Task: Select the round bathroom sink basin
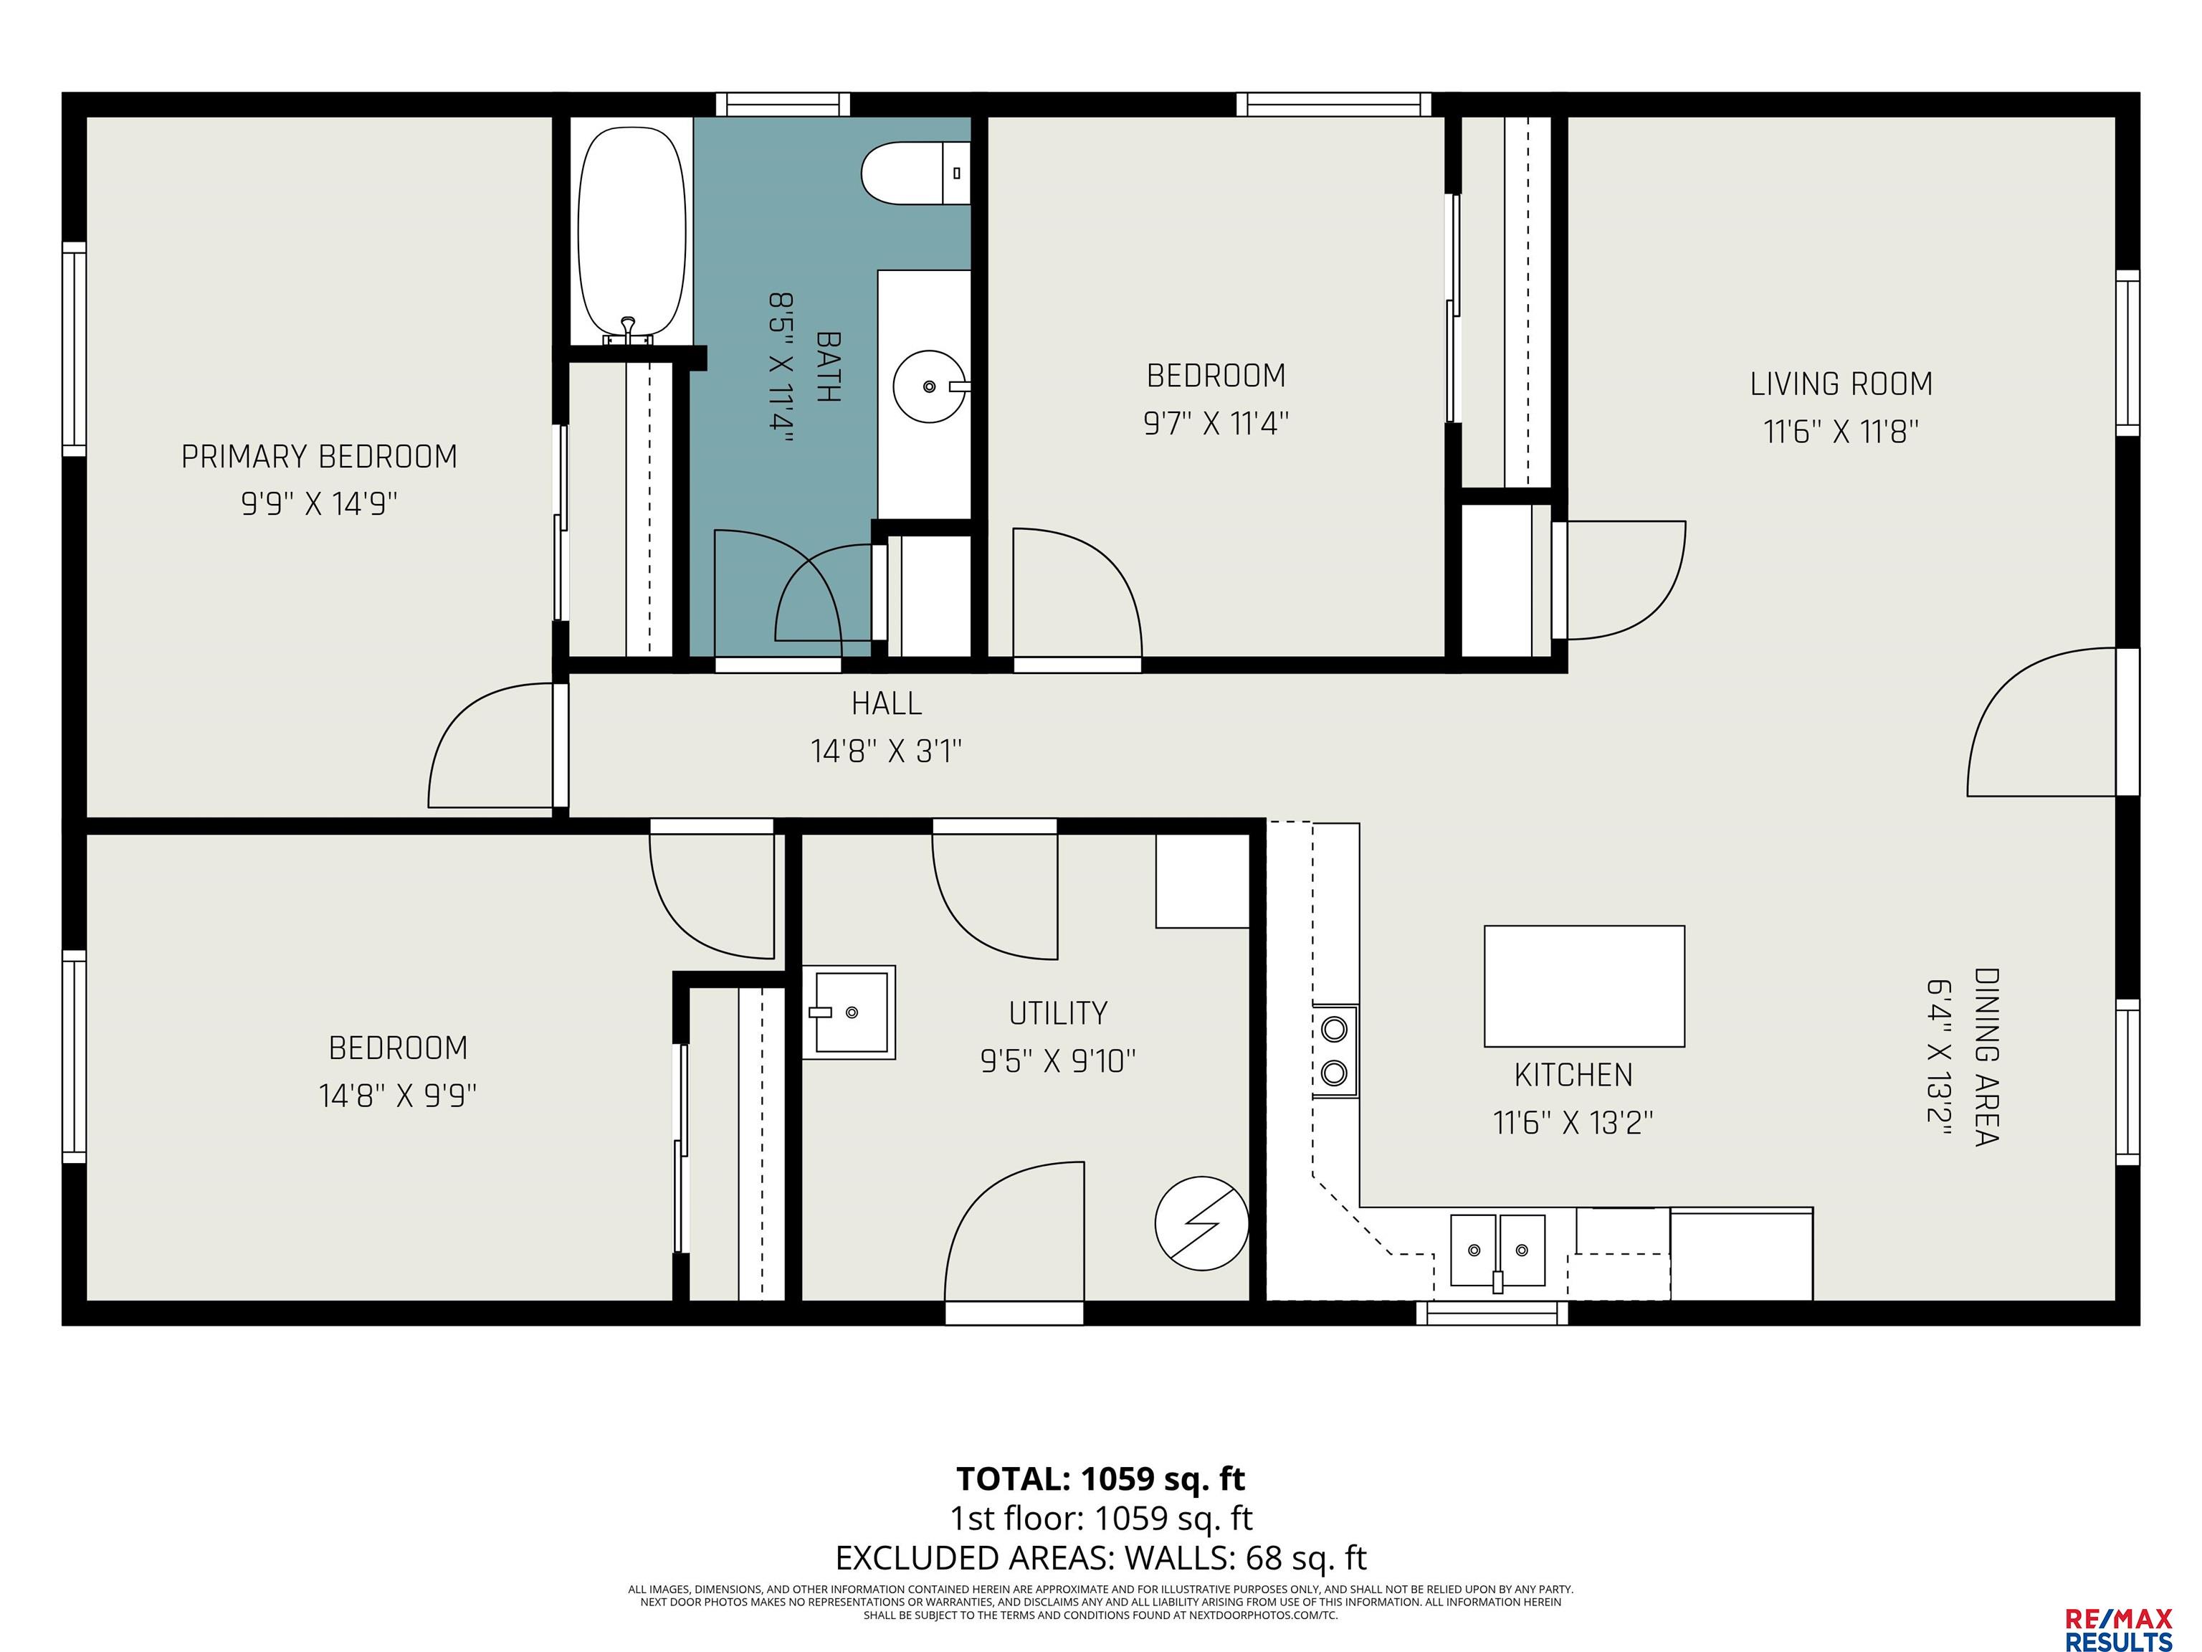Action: pyautogui.click(x=930, y=385)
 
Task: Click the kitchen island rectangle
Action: pyautogui.click(x=1584, y=986)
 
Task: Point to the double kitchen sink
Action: pyautogui.click(x=1497, y=1250)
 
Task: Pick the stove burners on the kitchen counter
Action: pyautogui.click(x=1334, y=1050)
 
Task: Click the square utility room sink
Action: pyautogui.click(x=849, y=1012)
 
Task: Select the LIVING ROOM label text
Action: pyautogui.click(x=1841, y=384)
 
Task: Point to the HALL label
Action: pyautogui.click(x=886, y=704)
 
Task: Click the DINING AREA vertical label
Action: pyautogui.click(x=1986, y=1057)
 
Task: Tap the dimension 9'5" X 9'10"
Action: pyautogui.click(x=1057, y=1060)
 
